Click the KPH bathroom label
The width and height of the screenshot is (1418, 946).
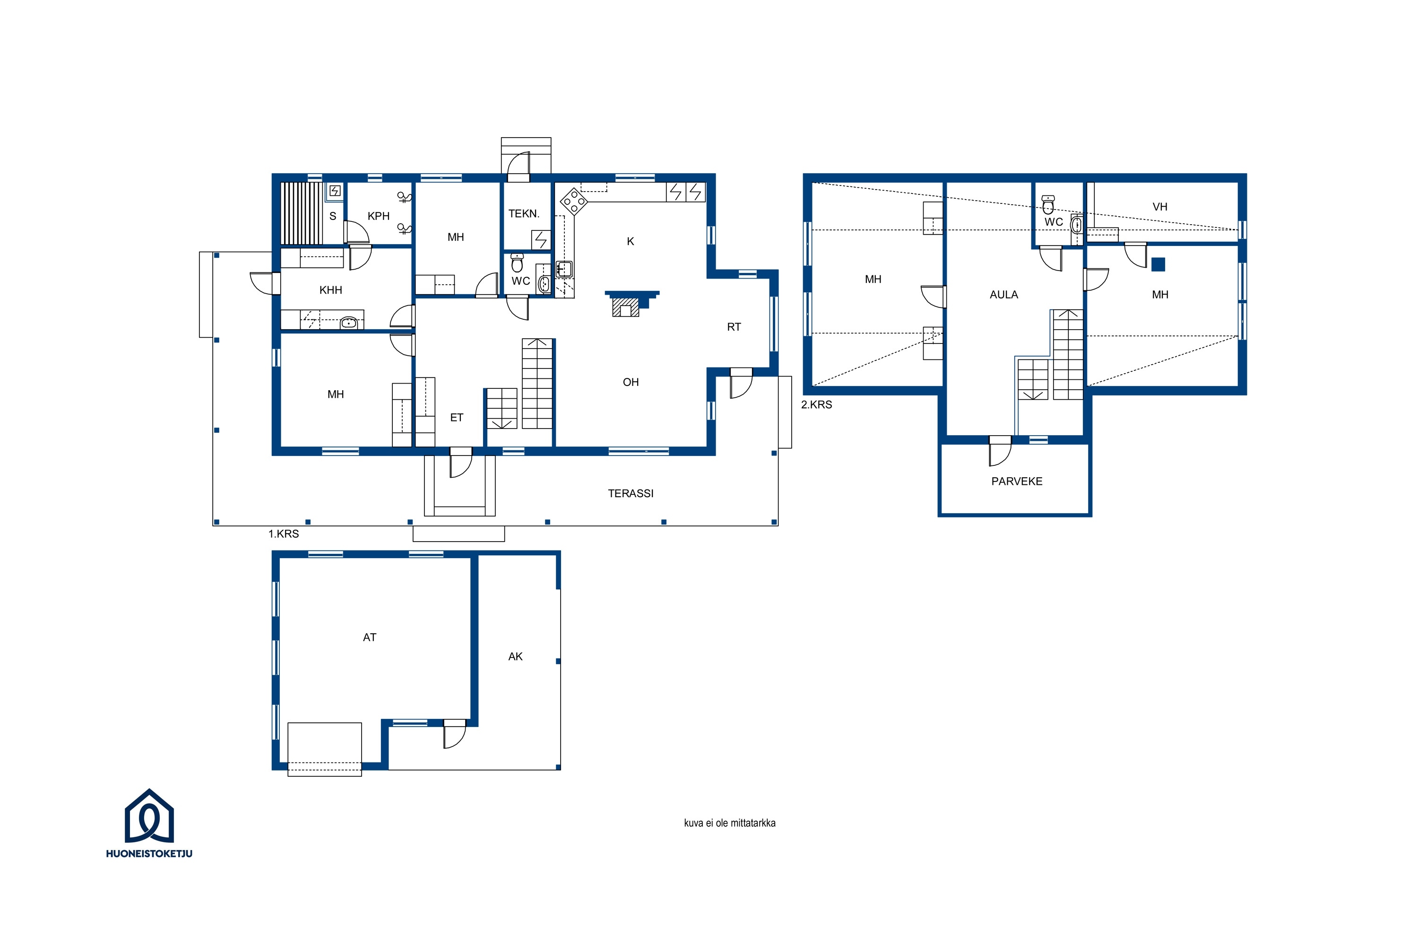[x=379, y=216]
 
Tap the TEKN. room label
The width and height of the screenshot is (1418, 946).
[x=524, y=214]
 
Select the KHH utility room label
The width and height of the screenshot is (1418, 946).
[x=330, y=290]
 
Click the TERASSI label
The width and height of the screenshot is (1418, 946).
[x=631, y=493]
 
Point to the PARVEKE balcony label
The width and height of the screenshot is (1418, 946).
[x=1017, y=482]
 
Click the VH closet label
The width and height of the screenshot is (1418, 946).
[x=1160, y=207]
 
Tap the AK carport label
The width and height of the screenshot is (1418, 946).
[x=516, y=657]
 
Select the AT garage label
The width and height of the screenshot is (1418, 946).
[x=370, y=637]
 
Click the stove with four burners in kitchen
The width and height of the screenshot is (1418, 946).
[x=574, y=201]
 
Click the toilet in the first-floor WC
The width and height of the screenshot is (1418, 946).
[x=517, y=263]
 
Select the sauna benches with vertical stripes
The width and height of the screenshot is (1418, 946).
[x=302, y=213]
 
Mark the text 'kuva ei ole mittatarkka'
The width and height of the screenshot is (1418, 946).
[x=729, y=823]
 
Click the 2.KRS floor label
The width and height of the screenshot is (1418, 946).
[x=816, y=405]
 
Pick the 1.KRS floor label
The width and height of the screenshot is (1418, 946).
[x=283, y=534]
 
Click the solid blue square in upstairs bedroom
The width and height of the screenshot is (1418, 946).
[x=1158, y=264]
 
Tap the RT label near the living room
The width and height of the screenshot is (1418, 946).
[x=734, y=327]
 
